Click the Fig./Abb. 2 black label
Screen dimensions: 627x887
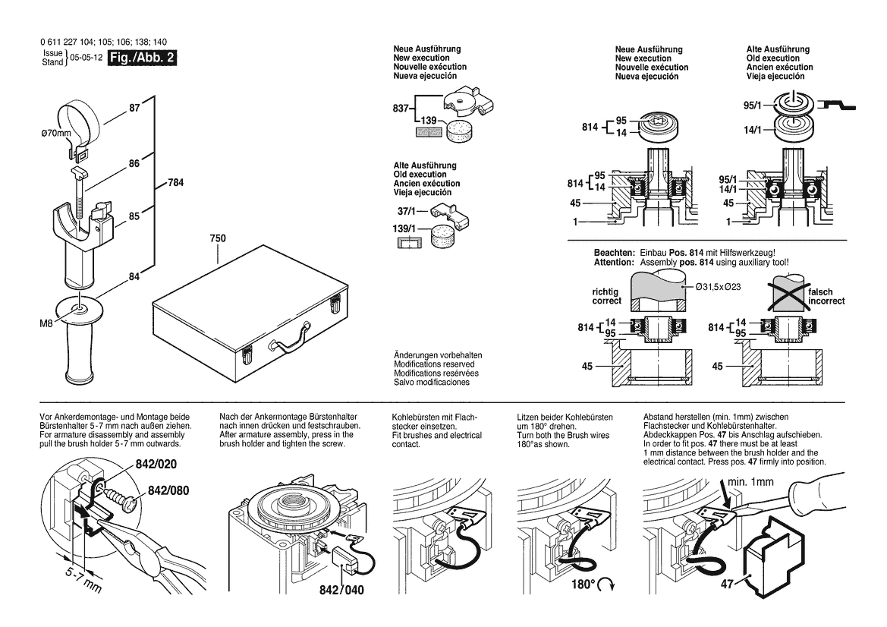(143, 58)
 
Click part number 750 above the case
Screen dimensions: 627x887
(217, 238)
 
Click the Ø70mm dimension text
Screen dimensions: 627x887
(55, 134)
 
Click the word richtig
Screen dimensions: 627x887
(605, 291)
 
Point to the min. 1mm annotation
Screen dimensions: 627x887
(750, 481)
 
